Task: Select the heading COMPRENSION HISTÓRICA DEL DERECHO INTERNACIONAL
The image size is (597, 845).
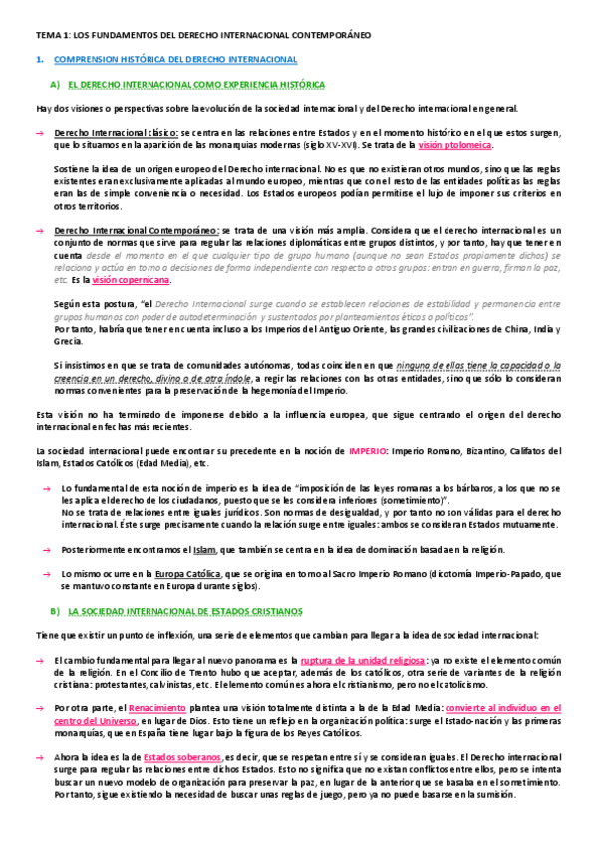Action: (x=174, y=61)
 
